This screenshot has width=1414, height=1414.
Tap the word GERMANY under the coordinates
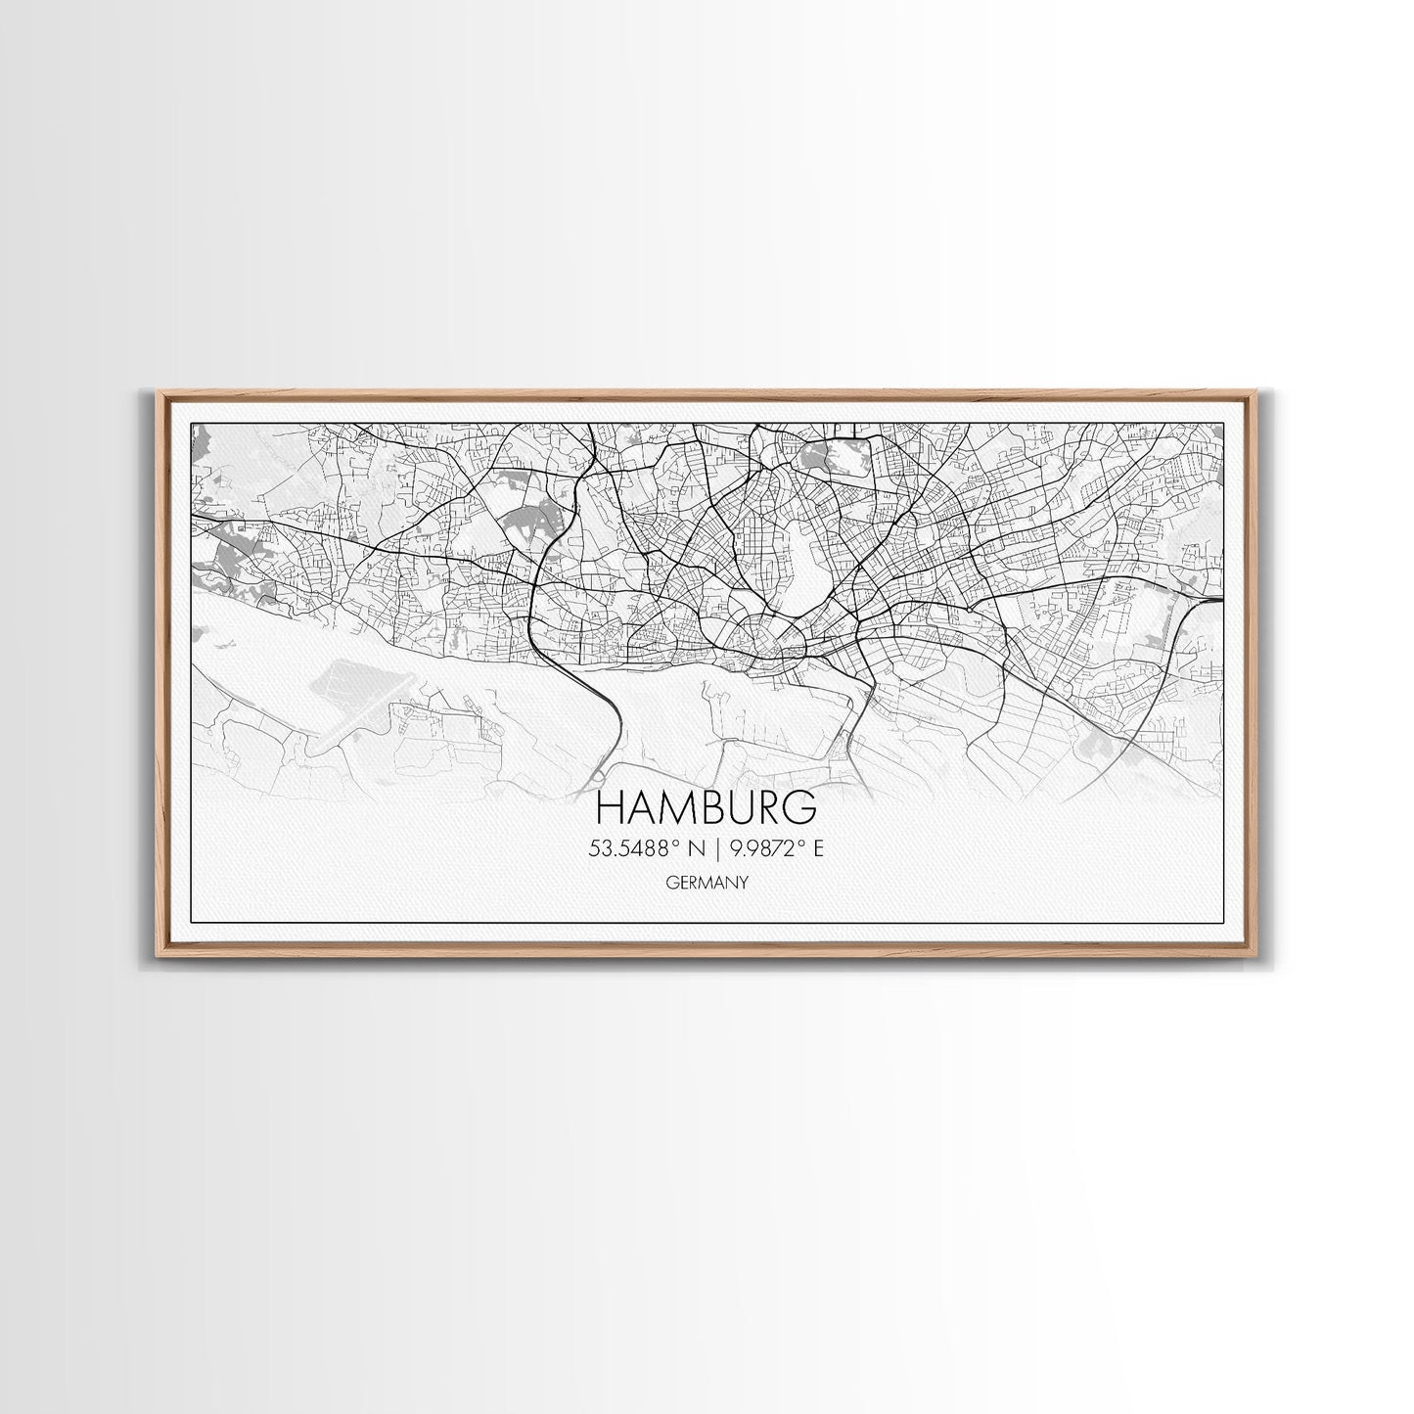tap(707, 883)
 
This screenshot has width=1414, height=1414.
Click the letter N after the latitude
tap(698, 849)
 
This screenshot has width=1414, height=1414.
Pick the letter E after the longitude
tap(818, 849)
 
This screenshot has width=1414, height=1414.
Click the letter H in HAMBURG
tap(609, 808)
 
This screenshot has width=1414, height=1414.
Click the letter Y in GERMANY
tap(744, 883)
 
